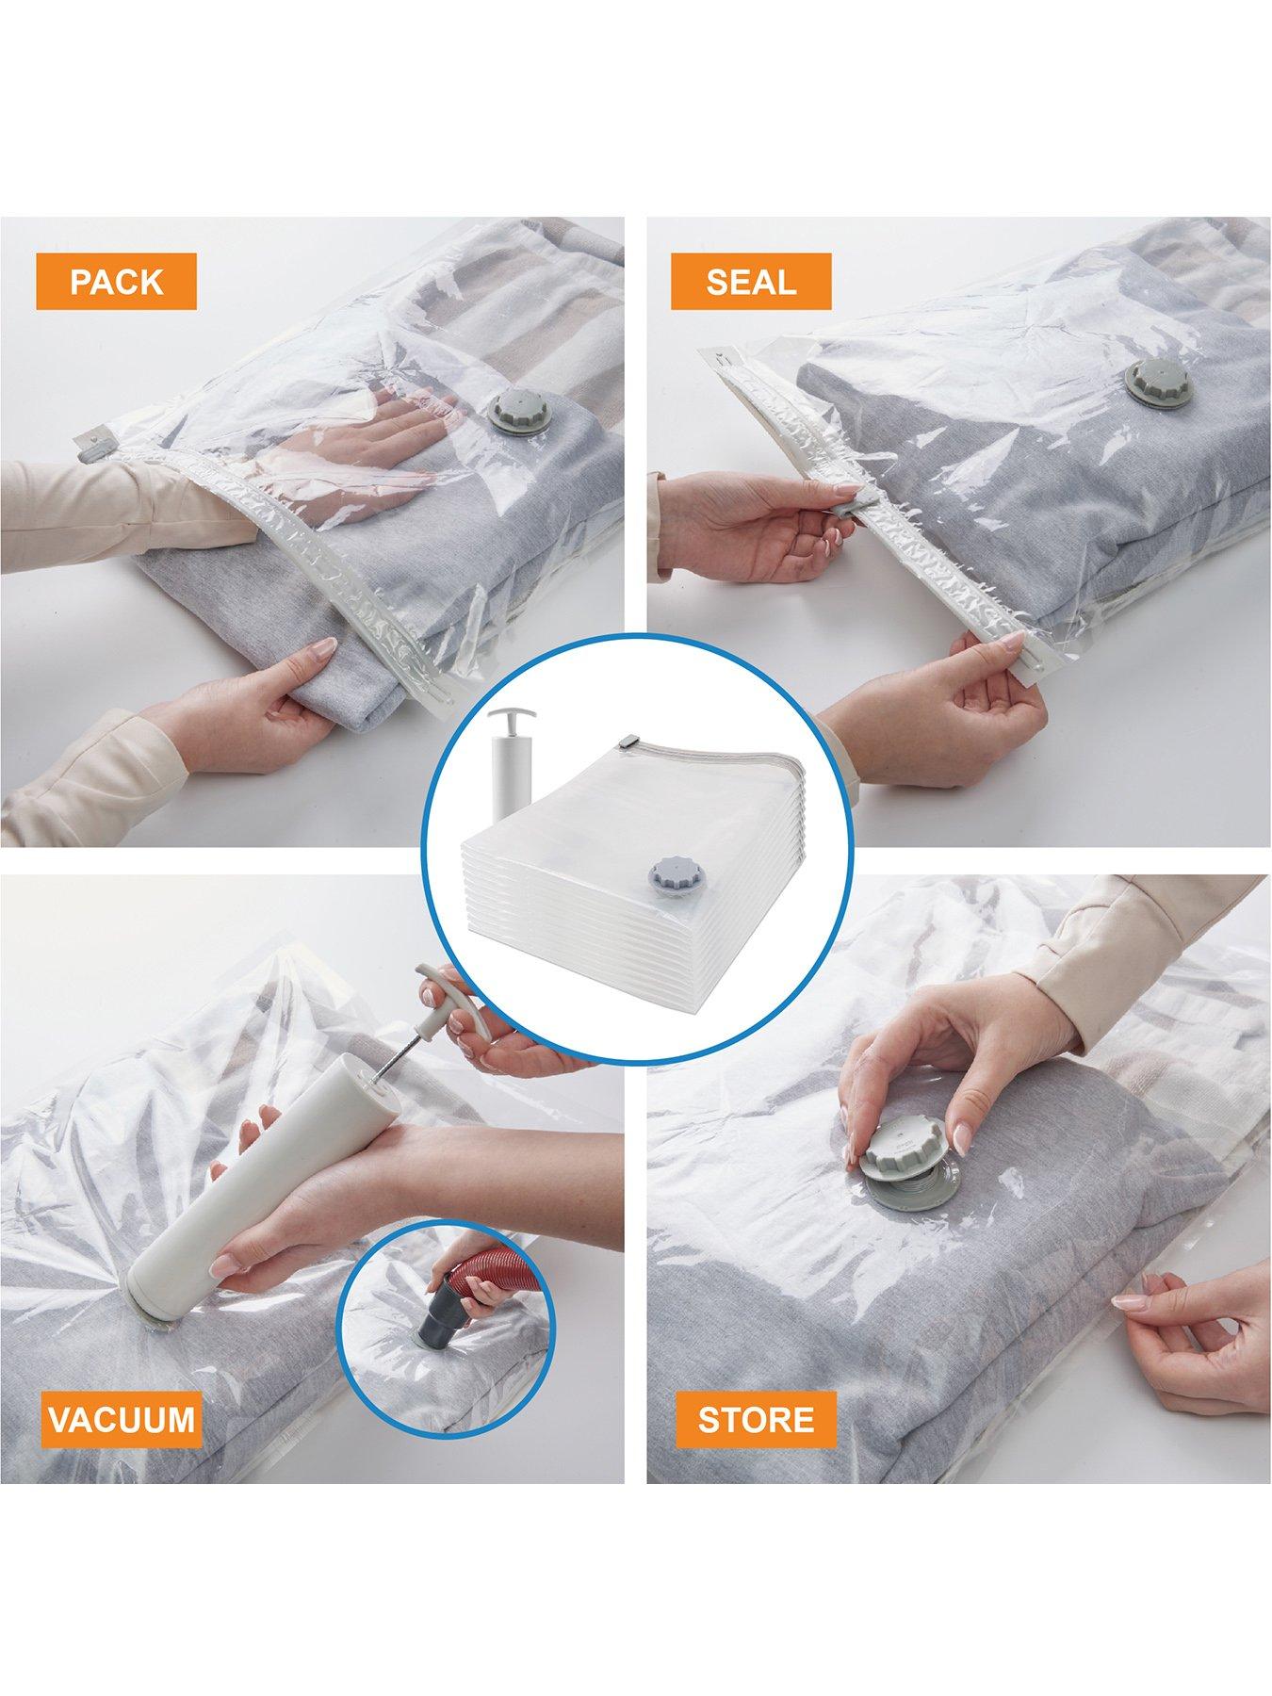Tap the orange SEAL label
pyautogui.click(x=751, y=282)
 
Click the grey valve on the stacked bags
pyautogui.click(x=667, y=872)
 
